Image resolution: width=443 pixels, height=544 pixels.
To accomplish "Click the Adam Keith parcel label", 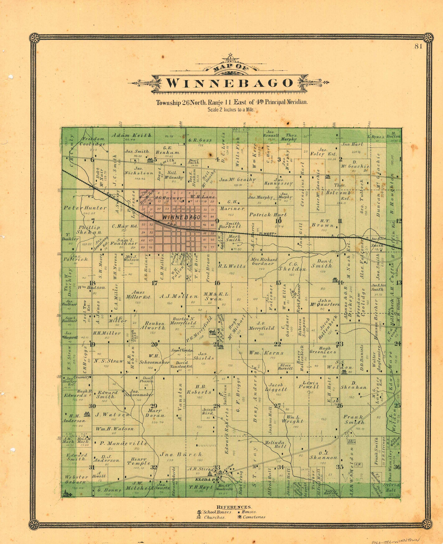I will tap(131, 135).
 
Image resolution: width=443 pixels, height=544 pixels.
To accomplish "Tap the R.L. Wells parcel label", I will tap(232, 266).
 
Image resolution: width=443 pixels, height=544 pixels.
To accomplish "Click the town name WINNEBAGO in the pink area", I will tap(181, 217).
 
